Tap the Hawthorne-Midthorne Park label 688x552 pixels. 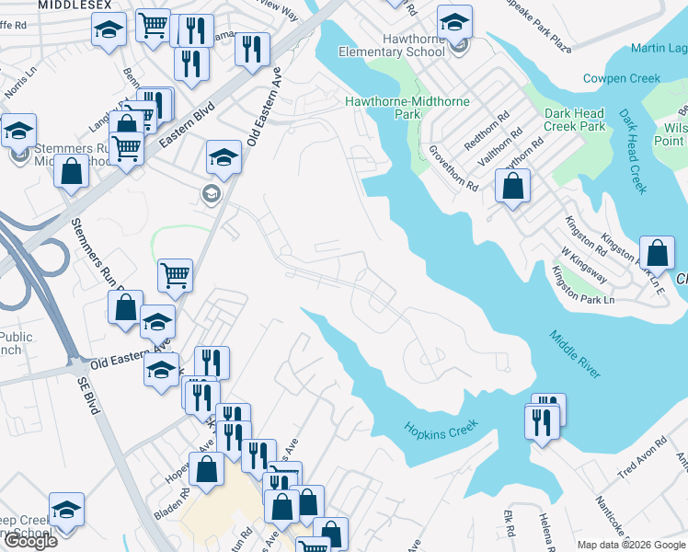407,107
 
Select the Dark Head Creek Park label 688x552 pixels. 574,120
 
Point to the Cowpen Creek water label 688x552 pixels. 622,79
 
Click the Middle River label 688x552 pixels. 576,353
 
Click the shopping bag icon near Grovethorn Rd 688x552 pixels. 512,187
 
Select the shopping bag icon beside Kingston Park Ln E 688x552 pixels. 657,253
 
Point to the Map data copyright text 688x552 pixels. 631,545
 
